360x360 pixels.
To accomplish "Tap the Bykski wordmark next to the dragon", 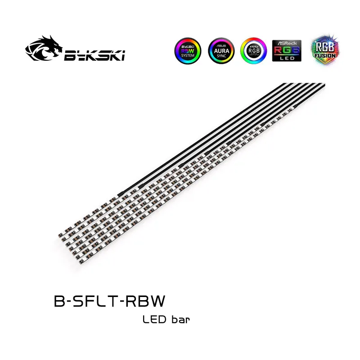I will [x=94, y=55].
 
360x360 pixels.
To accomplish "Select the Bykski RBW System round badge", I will [x=186, y=51].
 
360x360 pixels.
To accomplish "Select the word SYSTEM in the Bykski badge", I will [x=186, y=56].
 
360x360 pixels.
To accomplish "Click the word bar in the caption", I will [x=180, y=320].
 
